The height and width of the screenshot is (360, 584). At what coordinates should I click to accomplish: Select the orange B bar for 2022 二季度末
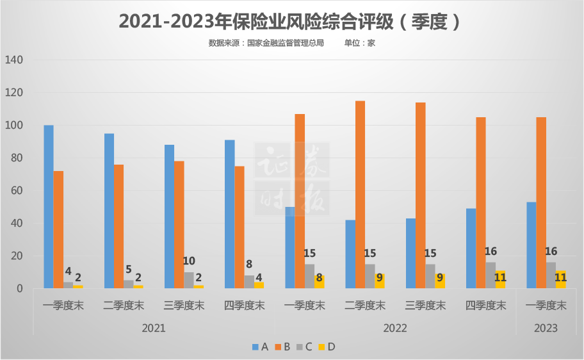click(x=360, y=195)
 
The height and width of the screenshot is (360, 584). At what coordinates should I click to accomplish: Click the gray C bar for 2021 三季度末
click(x=189, y=281)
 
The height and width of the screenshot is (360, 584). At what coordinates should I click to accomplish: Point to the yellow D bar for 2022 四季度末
click(x=500, y=280)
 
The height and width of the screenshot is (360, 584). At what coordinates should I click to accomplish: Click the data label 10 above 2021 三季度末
click(x=189, y=261)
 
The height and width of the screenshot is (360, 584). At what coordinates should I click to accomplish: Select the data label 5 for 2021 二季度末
click(x=129, y=269)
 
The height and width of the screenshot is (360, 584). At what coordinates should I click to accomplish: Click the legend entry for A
click(x=260, y=347)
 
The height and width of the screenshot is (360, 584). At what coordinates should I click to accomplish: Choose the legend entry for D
click(x=327, y=347)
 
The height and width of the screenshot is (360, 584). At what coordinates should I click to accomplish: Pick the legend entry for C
click(x=304, y=347)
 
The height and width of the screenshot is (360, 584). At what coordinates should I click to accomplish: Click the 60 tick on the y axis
click(x=17, y=191)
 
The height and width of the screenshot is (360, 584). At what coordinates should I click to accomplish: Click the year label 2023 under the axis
click(x=545, y=328)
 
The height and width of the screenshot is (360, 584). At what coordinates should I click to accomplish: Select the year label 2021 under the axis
click(x=153, y=328)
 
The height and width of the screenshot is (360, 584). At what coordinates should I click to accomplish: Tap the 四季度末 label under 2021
click(x=244, y=306)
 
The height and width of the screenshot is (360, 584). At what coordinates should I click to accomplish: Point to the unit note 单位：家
click(x=359, y=43)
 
